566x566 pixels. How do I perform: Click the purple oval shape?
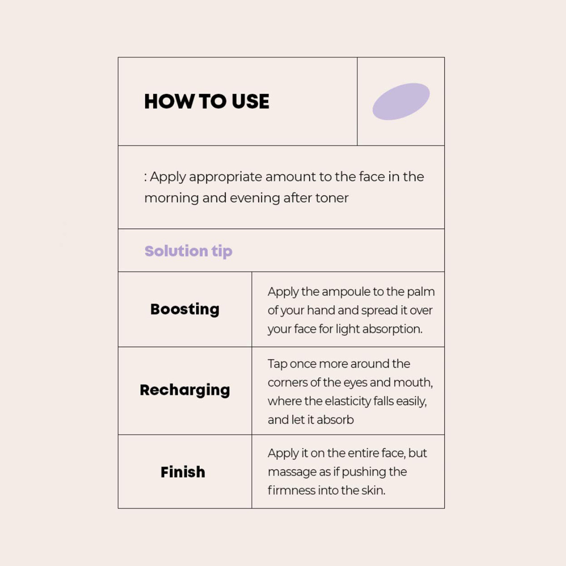point(401,101)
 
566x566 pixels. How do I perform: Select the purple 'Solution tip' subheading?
point(188,251)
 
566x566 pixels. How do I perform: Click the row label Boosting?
point(185,309)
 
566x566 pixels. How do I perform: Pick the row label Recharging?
point(185,390)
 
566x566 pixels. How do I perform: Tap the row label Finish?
point(183,472)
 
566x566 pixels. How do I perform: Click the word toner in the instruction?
point(332,198)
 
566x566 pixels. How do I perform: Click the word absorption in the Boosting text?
point(392,329)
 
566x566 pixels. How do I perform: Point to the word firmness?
point(291,490)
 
